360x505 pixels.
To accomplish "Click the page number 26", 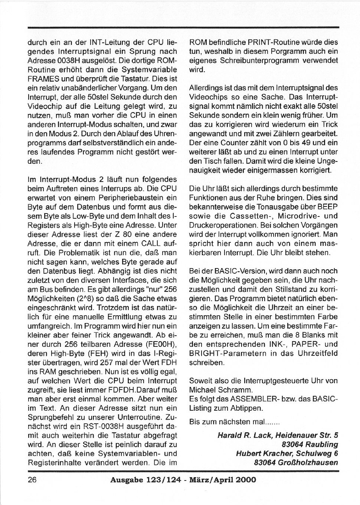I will click(32, 479).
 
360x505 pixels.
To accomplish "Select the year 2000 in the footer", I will click(245, 479).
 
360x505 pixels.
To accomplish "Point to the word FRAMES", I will click(41, 79).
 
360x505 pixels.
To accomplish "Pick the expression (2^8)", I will click(85, 298).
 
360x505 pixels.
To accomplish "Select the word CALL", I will click(150, 243).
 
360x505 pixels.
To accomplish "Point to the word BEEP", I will click(329, 207).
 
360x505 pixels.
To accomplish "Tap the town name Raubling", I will click(319, 444).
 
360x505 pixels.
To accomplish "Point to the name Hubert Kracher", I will click(259, 453).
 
